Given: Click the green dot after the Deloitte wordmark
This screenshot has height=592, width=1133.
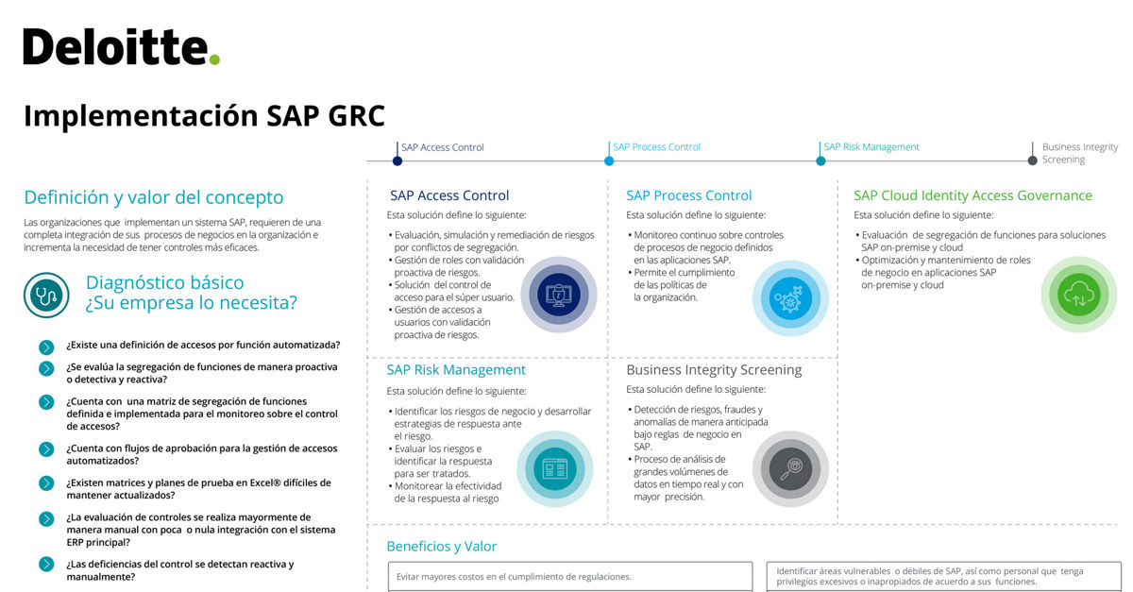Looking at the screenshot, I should (215, 59).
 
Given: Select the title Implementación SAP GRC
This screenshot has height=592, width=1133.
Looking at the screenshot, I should (204, 115).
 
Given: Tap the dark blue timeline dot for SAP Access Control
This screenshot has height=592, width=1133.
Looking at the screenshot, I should (397, 161).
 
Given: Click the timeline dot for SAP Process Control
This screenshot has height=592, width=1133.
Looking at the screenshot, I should (609, 161).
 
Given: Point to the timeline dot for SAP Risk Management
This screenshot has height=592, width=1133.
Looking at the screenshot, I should (820, 161).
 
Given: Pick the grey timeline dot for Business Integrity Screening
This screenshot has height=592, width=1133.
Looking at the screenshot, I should (1032, 161).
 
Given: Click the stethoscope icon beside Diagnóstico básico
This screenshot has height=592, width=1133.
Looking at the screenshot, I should (46, 295).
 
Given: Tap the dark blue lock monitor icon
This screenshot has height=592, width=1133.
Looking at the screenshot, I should (557, 295).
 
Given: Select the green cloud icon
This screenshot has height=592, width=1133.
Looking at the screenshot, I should (1077, 295).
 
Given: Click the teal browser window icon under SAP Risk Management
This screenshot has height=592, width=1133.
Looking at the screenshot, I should (553, 468).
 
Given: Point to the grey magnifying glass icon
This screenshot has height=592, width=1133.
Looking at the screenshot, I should (789, 468).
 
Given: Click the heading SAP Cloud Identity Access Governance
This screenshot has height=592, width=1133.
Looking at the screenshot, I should (972, 195).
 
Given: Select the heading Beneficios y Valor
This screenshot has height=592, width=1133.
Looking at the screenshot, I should (441, 547).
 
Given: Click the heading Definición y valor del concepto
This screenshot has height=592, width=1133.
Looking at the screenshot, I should (153, 197).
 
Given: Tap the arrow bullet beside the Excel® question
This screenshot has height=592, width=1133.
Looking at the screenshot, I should (46, 483).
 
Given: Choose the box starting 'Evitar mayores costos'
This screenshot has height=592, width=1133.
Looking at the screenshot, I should (569, 576).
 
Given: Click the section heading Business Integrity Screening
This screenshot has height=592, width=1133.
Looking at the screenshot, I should (714, 370).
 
